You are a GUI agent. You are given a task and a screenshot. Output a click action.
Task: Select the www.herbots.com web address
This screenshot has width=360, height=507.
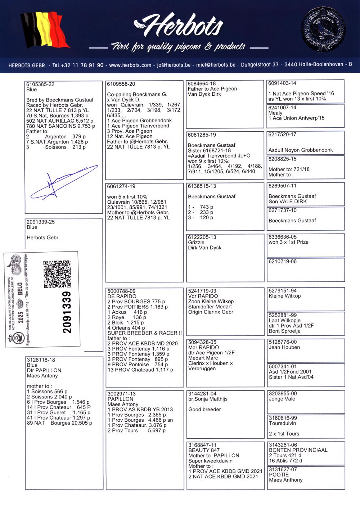click(130, 65)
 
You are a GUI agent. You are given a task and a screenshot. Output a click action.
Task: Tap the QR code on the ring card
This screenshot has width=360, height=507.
click(57, 274)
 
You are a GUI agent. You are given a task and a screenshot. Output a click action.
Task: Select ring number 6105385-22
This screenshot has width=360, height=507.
click(40, 84)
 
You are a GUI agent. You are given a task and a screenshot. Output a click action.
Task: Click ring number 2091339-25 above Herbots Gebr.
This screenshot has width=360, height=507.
click(41, 222)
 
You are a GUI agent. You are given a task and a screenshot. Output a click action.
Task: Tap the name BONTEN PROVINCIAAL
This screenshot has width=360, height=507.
click(298, 450)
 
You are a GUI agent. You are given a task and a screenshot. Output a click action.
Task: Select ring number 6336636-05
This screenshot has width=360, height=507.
click(283, 237)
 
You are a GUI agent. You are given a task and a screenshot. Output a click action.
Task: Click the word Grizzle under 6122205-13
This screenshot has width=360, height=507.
click(196, 243)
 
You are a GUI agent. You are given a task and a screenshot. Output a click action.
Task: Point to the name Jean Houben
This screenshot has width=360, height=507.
click(284, 347)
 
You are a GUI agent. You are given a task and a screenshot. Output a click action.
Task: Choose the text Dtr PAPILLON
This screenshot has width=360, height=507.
click(44, 370)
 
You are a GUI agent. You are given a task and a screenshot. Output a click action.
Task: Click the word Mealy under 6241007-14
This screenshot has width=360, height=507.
click(275, 113)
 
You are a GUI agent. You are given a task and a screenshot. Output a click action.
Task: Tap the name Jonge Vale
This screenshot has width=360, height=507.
click(282, 399)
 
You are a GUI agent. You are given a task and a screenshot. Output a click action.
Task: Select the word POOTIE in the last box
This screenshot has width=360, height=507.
click(279, 475)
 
